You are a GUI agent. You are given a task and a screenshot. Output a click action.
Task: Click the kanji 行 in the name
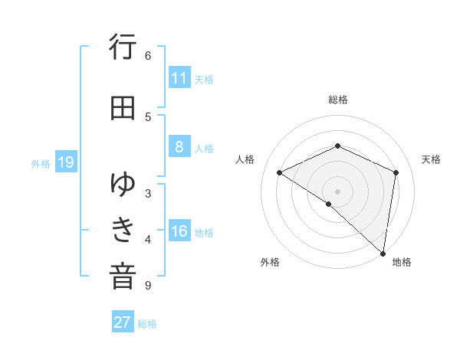click(123, 48)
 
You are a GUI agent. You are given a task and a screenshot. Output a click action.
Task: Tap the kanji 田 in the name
click(123, 108)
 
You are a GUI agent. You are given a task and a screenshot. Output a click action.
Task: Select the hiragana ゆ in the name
click(123, 184)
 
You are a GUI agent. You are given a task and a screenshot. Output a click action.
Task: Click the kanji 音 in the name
click(123, 277)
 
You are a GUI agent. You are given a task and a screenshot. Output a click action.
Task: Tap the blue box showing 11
click(179, 78)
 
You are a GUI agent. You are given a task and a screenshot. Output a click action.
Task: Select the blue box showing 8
click(179, 148)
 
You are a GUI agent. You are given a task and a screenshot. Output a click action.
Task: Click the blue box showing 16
click(179, 232)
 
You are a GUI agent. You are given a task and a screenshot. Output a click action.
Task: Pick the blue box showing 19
click(65, 162)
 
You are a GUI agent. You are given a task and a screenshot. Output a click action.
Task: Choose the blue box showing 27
click(123, 322)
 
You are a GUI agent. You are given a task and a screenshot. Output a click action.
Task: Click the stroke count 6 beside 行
click(148, 56)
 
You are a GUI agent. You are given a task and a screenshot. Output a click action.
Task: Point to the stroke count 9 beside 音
click(148, 286)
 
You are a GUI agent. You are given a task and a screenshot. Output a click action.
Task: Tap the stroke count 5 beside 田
click(148, 116)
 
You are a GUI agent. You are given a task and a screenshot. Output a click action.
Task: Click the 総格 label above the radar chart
click(337, 100)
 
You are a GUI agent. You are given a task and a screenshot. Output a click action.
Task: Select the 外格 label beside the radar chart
click(270, 262)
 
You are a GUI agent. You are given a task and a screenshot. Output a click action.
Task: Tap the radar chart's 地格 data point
click(382, 253)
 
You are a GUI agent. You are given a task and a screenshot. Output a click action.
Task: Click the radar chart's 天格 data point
click(396, 172)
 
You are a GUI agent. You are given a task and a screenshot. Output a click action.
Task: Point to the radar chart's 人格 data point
click(280, 172)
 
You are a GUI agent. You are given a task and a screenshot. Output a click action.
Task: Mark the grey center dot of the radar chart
click(337, 191)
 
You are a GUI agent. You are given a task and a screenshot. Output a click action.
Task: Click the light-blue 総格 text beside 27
click(147, 324)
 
